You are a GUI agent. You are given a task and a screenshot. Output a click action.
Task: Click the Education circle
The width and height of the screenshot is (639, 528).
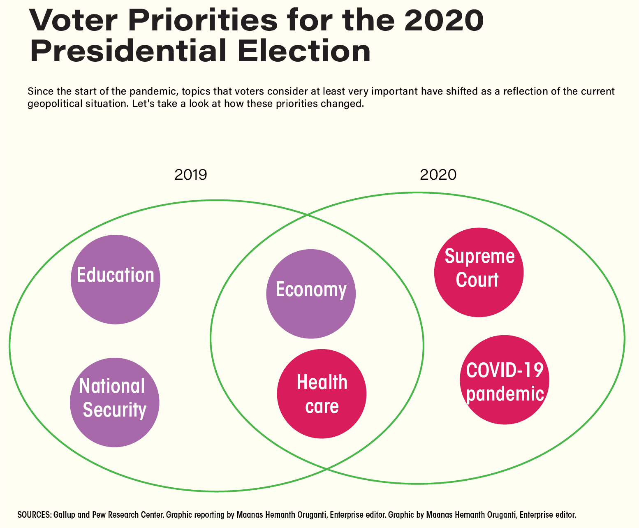click(x=115, y=279)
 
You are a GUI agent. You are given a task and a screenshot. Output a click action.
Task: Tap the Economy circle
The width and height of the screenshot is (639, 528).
click(x=310, y=294)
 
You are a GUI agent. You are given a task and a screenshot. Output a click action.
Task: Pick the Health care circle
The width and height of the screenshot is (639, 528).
click(x=322, y=394)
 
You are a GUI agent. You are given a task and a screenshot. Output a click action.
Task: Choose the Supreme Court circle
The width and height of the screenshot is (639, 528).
click(x=479, y=272)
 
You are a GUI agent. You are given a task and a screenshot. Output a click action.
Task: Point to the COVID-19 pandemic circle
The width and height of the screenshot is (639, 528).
click(x=504, y=380)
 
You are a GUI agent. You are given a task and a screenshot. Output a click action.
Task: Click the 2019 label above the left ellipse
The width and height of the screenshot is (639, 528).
click(x=190, y=175)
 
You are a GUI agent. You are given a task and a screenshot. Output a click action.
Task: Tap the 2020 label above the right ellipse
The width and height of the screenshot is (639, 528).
click(x=438, y=175)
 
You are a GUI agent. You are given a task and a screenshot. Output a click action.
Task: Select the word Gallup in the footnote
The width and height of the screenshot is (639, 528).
click(x=65, y=514)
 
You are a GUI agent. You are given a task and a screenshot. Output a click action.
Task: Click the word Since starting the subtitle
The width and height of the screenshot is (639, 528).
click(x=38, y=91)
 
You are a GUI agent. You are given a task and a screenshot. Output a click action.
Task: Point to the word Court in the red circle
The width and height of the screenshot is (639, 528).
click(x=477, y=280)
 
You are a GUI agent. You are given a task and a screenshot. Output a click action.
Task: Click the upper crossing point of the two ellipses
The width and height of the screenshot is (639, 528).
click(x=307, y=215)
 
